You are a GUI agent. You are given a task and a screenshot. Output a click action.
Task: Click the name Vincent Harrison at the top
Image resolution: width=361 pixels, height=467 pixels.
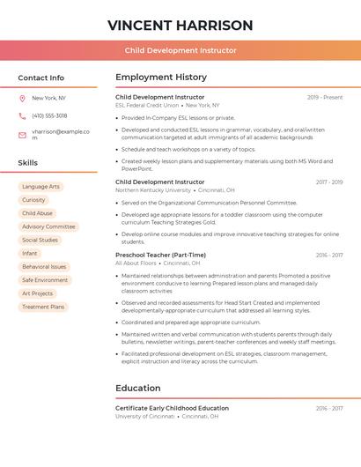(180, 26)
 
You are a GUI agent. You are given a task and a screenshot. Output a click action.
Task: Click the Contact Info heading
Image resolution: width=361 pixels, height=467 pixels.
(41, 78)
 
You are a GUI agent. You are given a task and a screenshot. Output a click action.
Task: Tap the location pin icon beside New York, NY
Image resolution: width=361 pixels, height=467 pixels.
(22, 98)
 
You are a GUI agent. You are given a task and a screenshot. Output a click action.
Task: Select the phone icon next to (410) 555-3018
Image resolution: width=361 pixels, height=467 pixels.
(22, 115)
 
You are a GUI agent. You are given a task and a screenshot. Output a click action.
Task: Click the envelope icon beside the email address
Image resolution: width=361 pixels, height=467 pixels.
(22, 134)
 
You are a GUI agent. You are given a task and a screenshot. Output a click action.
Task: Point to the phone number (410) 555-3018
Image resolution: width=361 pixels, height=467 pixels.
(49, 115)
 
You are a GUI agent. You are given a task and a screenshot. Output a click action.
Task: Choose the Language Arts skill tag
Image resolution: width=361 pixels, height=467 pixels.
(41, 187)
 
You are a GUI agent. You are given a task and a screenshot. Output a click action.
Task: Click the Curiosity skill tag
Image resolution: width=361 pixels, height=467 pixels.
(33, 200)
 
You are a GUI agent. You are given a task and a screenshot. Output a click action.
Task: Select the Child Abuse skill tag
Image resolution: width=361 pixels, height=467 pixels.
(37, 213)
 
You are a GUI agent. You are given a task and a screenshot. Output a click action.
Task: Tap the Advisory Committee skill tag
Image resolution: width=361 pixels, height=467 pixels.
(48, 226)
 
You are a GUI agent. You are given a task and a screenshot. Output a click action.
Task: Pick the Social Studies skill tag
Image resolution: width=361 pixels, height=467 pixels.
(40, 240)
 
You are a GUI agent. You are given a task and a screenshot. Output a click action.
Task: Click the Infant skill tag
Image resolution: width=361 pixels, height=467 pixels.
(30, 253)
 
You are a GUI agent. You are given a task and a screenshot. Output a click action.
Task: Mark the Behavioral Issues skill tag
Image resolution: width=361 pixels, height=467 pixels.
(44, 266)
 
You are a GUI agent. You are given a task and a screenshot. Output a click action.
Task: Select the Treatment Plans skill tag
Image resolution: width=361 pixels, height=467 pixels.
(43, 307)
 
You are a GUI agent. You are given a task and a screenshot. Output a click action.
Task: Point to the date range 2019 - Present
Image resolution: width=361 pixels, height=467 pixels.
(325, 97)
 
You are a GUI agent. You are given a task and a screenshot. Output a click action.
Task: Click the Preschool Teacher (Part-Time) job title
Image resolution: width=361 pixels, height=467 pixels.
(160, 255)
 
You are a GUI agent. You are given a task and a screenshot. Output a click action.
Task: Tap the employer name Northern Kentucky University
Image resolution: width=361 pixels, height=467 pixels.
(153, 190)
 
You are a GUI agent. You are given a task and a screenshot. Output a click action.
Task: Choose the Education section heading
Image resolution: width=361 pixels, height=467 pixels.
(137, 389)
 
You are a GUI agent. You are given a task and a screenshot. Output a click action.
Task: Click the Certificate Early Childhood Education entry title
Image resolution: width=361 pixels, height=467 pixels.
(172, 408)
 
